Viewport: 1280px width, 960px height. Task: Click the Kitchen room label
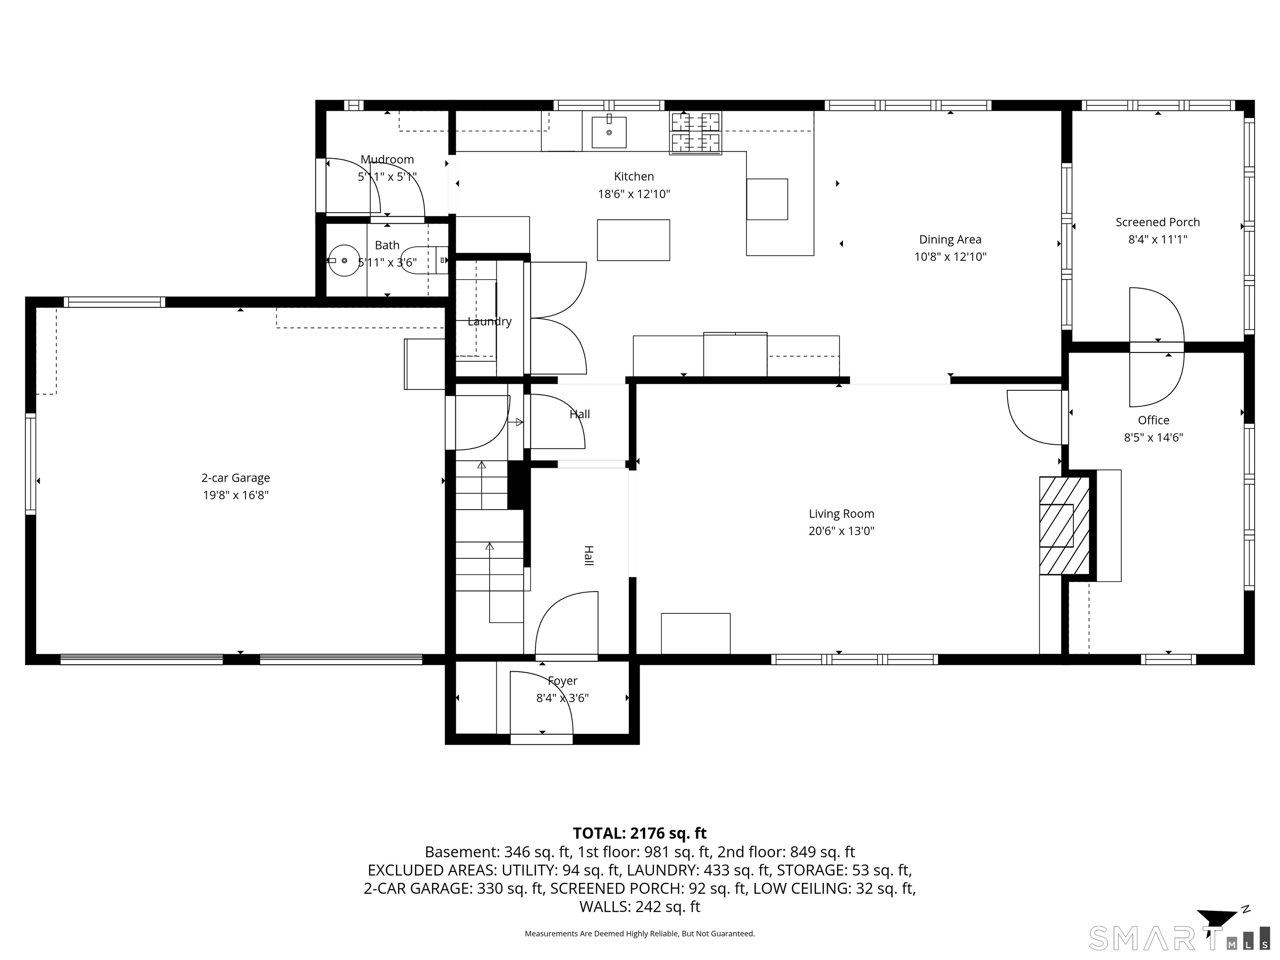click(x=634, y=177)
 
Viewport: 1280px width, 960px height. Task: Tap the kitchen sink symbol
click(x=609, y=132)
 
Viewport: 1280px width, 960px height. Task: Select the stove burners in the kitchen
click(x=695, y=133)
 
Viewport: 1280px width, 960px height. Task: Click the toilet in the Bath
click(x=425, y=260)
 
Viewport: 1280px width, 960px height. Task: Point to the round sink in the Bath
click(x=344, y=260)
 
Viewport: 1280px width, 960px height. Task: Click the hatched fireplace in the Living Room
click(x=1065, y=525)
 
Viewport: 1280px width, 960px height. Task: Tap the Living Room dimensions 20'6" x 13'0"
click(x=841, y=531)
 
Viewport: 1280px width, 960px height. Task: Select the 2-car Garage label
click(x=235, y=478)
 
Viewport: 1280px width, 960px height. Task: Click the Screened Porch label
click(x=1157, y=222)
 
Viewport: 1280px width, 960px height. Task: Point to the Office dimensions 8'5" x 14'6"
click(x=1153, y=438)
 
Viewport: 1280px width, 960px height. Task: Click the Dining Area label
click(x=950, y=240)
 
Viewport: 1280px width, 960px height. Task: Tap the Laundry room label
click(x=490, y=322)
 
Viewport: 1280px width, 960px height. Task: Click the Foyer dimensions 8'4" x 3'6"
click(x=562, y=698)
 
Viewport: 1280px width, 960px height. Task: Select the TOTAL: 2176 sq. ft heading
click(x=640, y=833)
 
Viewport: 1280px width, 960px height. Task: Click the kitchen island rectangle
click(x=633, y=240)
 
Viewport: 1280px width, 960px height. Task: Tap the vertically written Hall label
click(x=588, y=555)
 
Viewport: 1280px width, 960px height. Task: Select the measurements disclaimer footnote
click(x=640, y=933)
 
